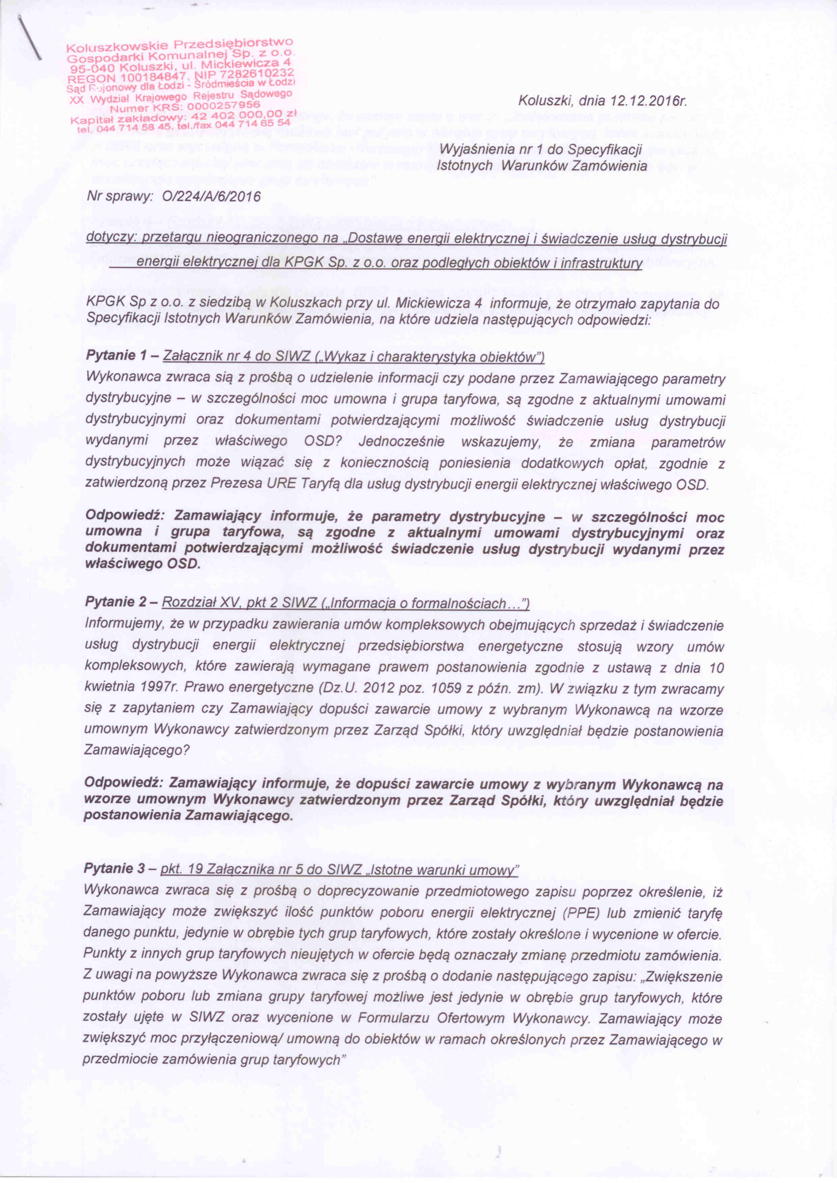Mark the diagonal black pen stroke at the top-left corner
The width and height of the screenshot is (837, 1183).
pos(30,39)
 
